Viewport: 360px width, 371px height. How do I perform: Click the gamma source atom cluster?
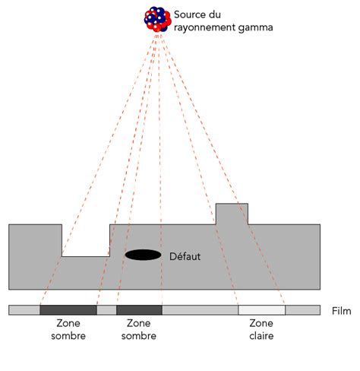[157, 19]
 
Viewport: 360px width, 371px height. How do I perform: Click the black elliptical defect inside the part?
[143, 255]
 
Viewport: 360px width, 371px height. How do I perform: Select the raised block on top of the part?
[232, 214]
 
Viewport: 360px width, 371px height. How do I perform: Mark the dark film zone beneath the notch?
[68, 310]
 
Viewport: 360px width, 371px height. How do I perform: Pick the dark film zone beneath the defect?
[139, 310]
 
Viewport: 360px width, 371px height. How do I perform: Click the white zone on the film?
[261, 310]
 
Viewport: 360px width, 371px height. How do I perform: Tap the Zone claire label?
[261, 329]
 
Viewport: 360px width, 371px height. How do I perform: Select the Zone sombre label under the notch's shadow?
[68, 329]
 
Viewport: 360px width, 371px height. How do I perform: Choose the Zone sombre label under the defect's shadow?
[139, 329]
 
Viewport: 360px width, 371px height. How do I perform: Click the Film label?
[343, 311]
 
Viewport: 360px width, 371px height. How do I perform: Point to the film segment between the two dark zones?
[106, 310]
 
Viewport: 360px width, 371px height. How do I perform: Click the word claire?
[261, 335]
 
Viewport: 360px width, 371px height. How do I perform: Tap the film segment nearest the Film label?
[302, 310]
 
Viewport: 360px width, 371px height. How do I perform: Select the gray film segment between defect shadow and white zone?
[200, 310]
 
